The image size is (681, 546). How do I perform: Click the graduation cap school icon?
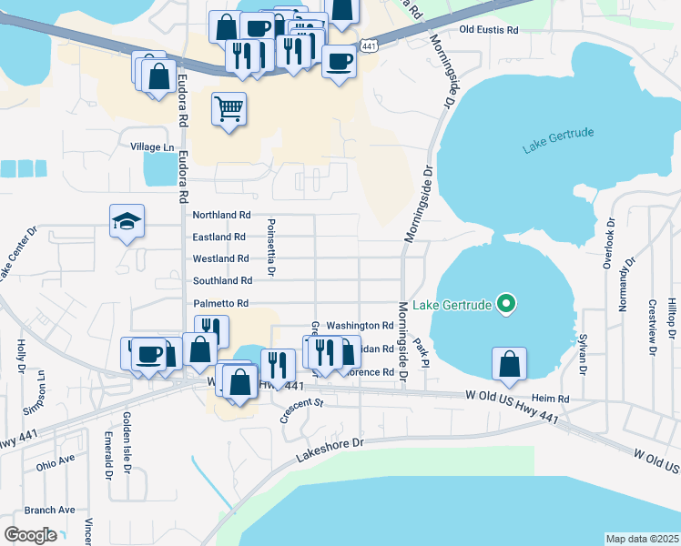(x=127, y=221)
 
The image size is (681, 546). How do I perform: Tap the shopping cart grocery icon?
(x=229, y=109)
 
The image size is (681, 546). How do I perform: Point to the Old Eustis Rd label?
(x=489, y=30)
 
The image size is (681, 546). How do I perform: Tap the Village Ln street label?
(x=152, y=147)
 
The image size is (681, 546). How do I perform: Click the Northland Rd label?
(x=221, y=215)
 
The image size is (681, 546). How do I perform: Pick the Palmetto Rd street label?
(x=220, y=303)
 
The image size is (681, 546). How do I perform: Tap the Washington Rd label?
(x=360, y=325)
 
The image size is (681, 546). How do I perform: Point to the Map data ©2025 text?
(x=642, y=539)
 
